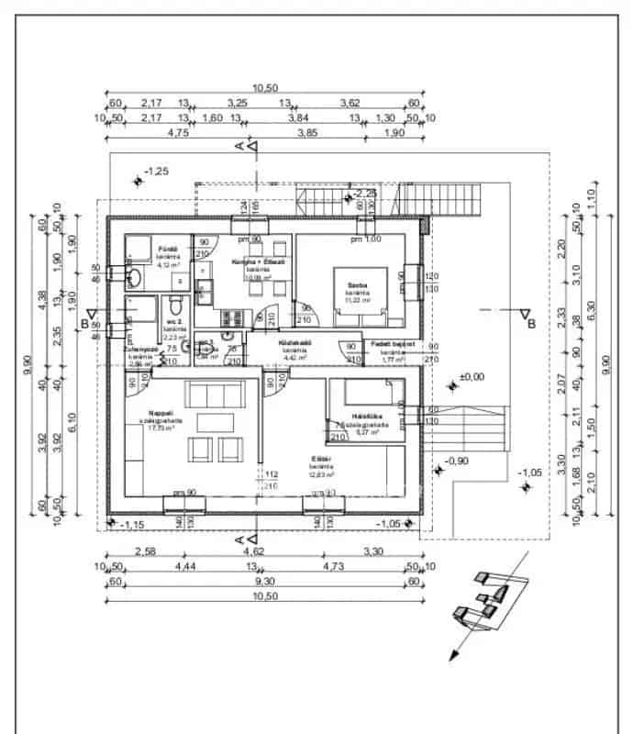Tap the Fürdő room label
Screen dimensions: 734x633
tap(166, 249)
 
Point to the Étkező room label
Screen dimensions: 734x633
tap(321, 460)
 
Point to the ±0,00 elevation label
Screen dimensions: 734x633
tap(472, 377)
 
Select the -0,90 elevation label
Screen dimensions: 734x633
tap(456, 461)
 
